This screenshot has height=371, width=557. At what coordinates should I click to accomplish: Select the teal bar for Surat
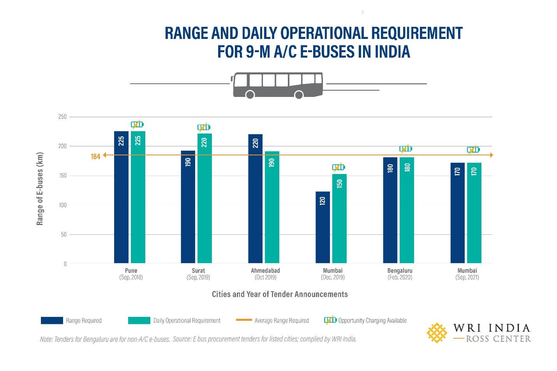(204, 198)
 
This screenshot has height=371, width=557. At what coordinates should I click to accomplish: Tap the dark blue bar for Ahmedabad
(255, 199)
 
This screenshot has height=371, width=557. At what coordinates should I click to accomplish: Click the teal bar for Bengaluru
(407, 210)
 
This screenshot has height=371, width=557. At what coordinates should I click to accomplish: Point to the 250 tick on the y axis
(62, 117)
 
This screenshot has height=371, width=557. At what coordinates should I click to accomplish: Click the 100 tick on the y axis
(62, 205)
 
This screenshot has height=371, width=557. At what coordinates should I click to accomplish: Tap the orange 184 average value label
(95, 156)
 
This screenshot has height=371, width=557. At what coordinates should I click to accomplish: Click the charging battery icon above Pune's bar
(137, 125)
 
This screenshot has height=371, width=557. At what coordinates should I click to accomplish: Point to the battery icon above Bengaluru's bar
(405, 149)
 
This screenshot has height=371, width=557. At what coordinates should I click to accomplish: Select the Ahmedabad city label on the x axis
(265, 271)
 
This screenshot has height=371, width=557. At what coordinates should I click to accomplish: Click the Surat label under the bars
(198, 271)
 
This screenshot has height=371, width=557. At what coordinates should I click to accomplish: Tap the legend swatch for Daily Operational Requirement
(139, 320)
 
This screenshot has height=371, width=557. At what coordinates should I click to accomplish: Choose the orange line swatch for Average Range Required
(244, 320)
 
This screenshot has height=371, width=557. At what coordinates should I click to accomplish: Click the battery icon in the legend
(330, 320)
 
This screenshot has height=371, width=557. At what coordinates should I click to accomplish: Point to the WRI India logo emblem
(437, 332)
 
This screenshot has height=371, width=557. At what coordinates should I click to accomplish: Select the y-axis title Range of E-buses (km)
(40, 188)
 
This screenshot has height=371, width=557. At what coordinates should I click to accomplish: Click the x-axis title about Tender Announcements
(280, 294)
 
